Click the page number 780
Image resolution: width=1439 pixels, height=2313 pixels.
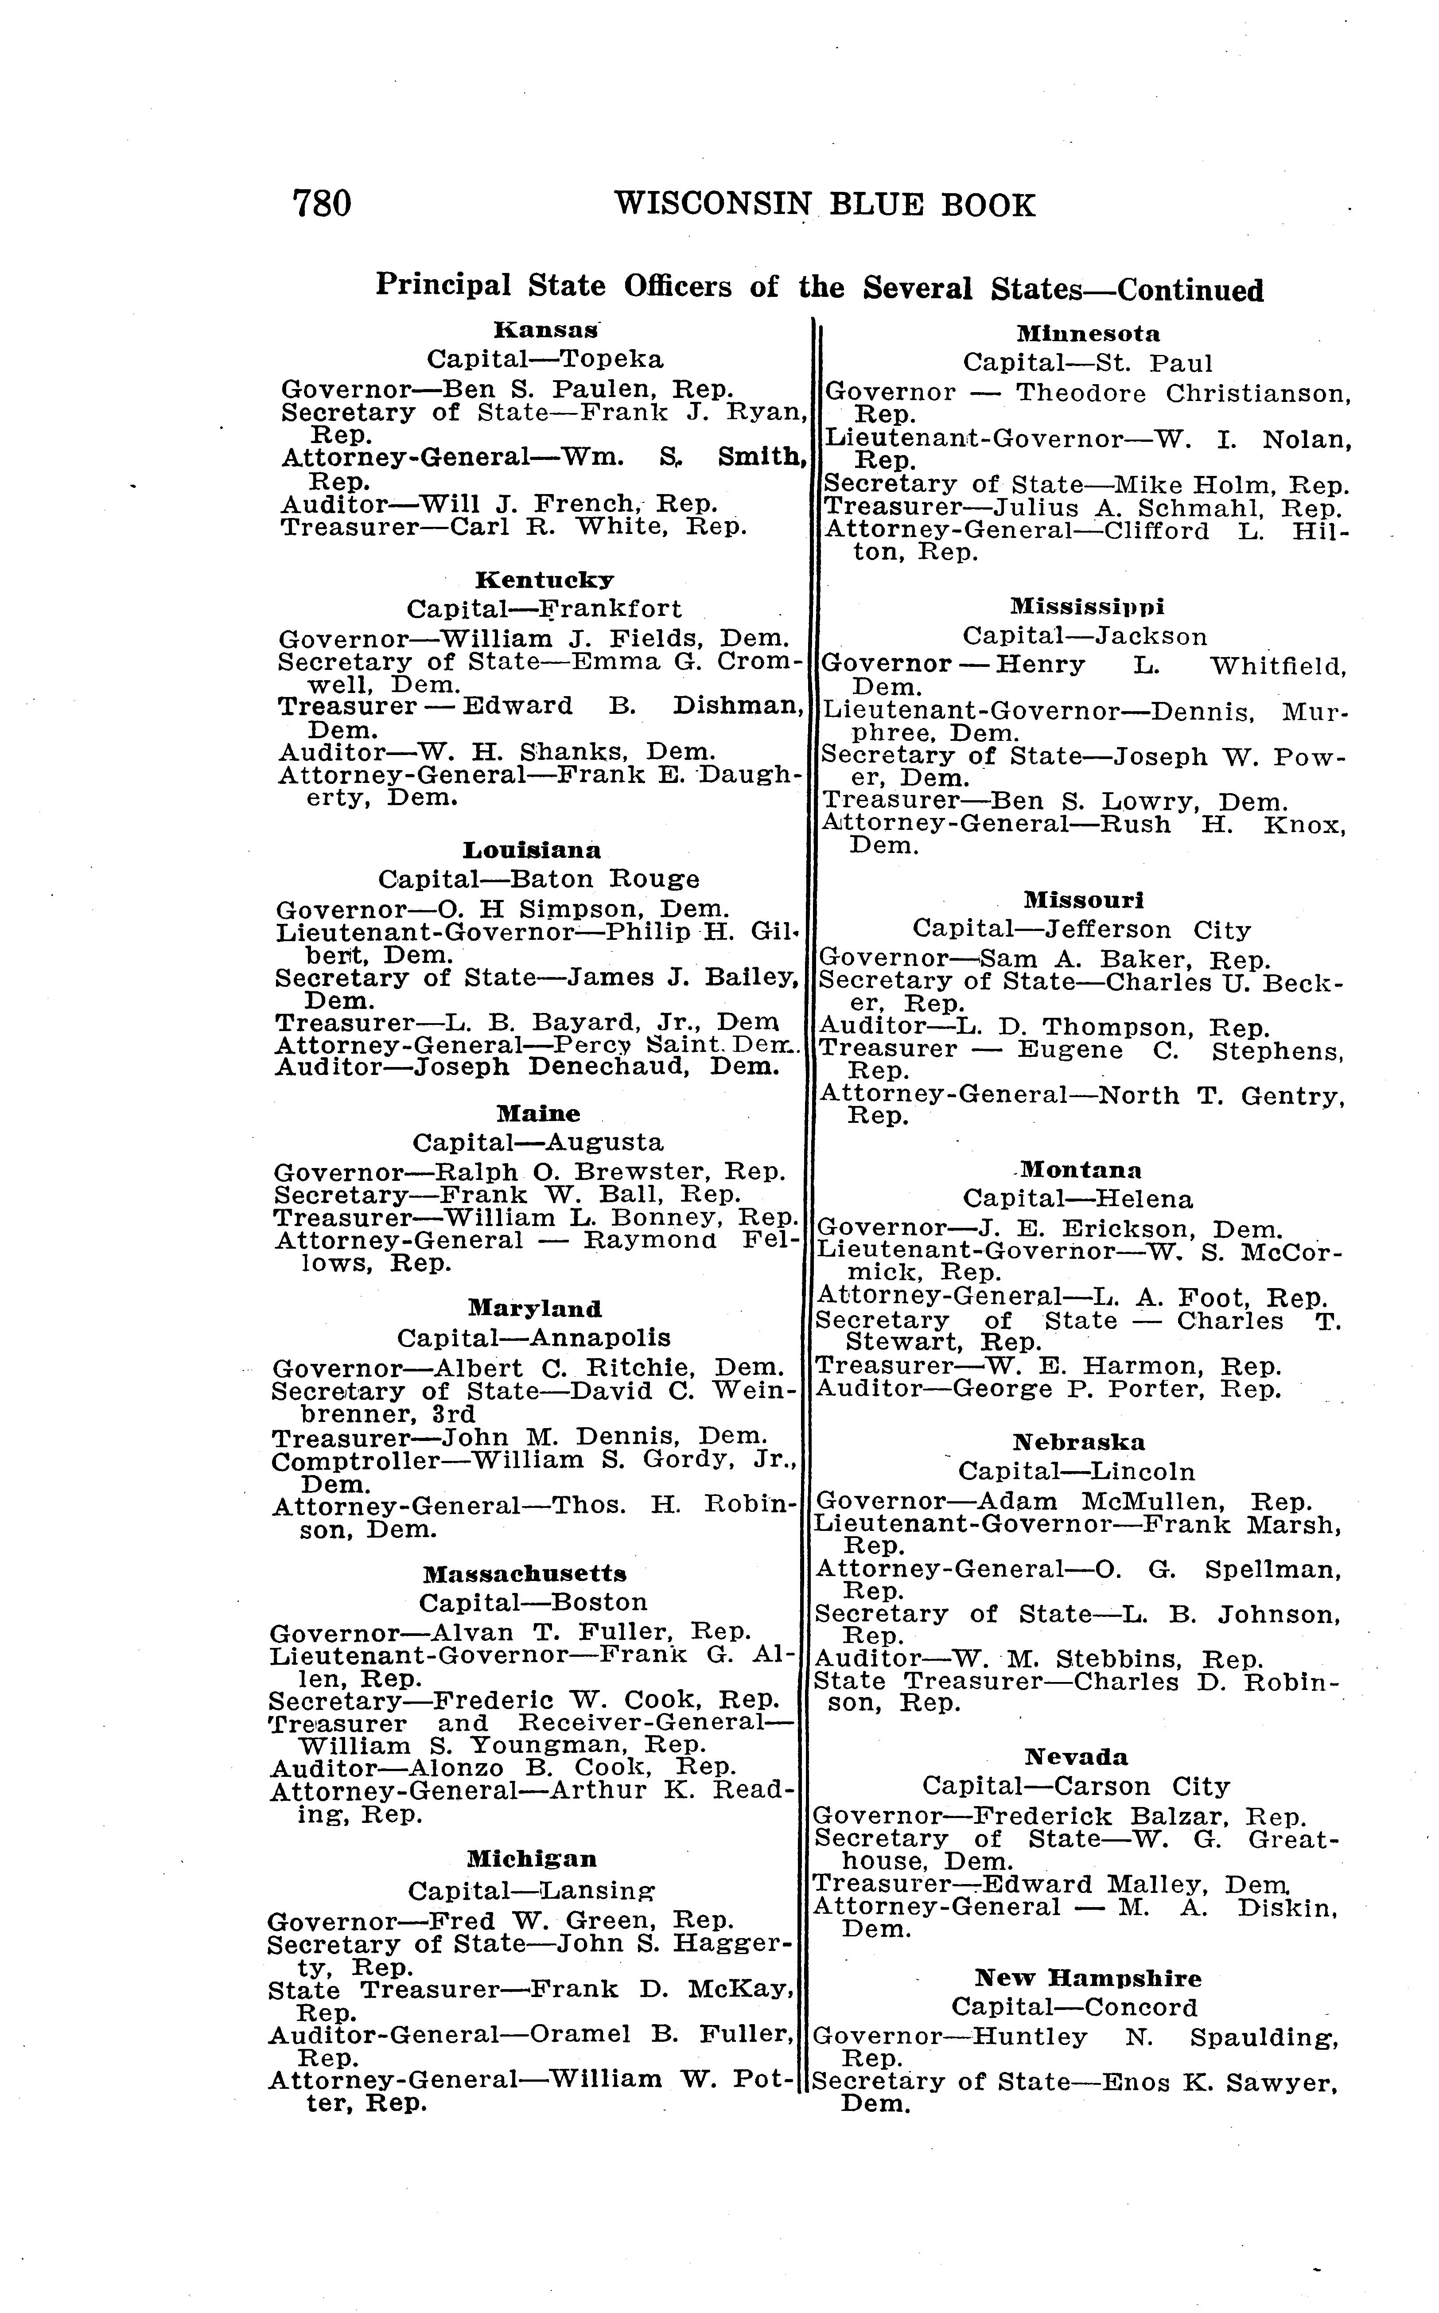click(x=322, y=204)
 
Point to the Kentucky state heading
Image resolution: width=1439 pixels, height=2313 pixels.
click(x=544, y=580)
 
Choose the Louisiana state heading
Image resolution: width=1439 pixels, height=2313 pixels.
click(x=532, y=849)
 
